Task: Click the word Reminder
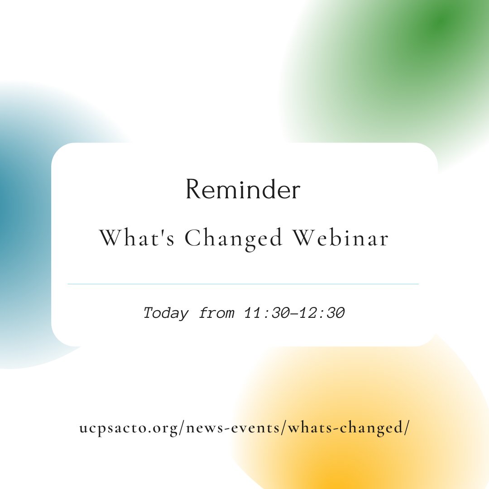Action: (243, 190)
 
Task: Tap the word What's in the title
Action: (136, 239)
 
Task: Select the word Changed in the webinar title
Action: (233, 239)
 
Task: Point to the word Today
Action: (166, 313)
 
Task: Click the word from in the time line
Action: (216, 313)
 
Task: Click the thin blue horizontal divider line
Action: (243, 284)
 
